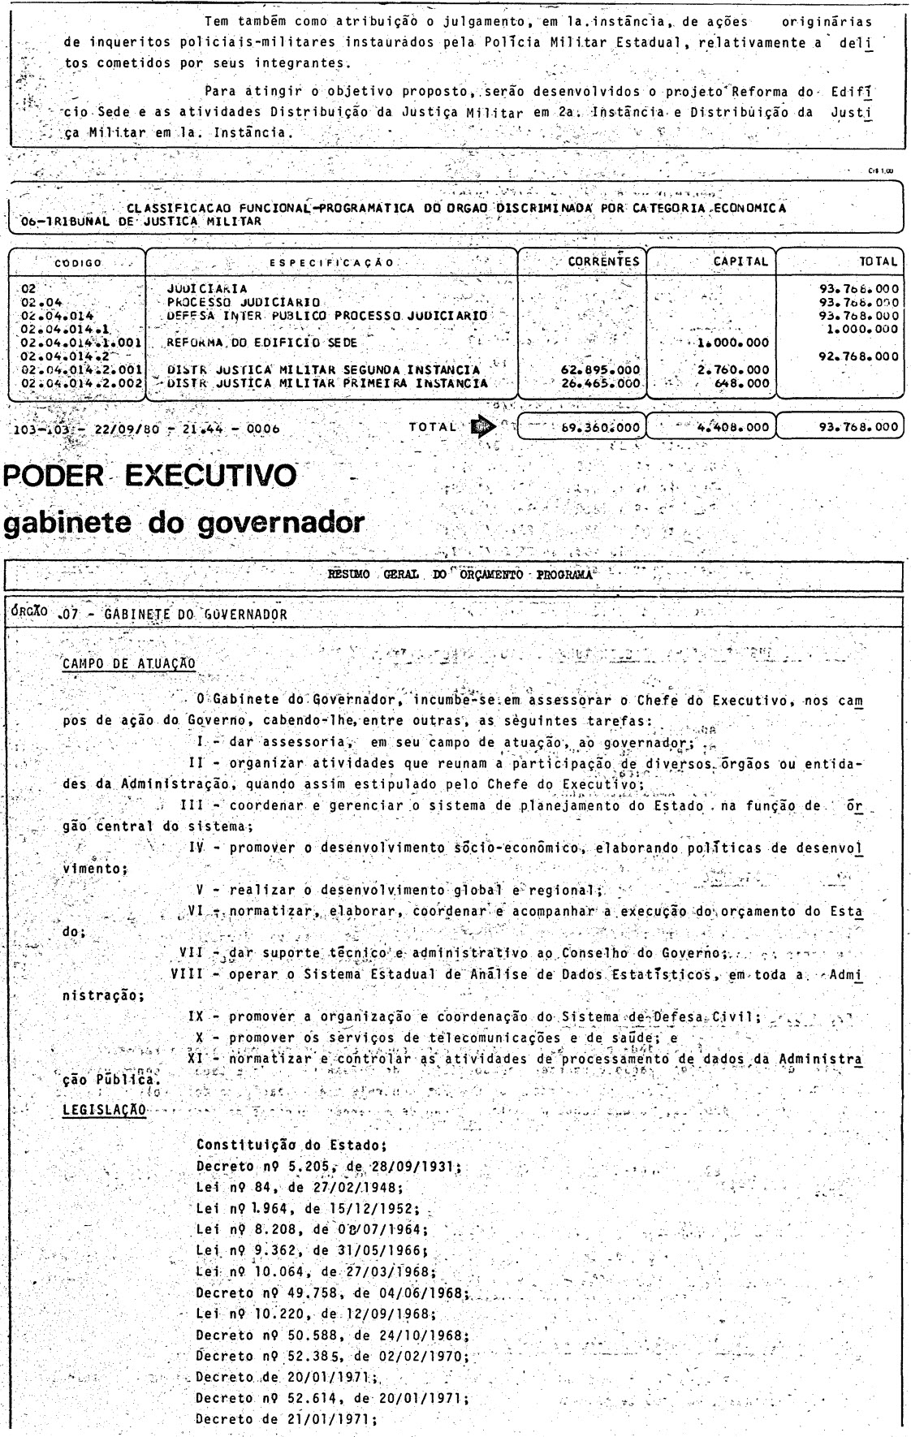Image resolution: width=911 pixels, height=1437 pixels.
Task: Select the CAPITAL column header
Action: pyautogui.click(x=740, y=261)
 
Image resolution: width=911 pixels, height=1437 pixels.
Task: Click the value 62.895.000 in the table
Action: pyautogui.click(x=601, y=370)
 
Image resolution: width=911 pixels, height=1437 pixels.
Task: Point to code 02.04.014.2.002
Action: pyautogui.click(x=77, y=383)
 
